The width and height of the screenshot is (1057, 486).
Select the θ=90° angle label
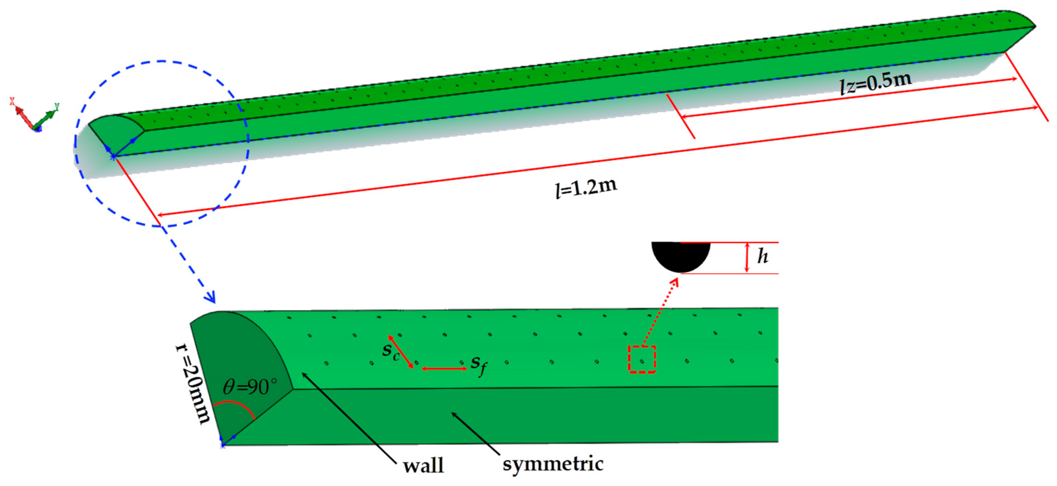250,386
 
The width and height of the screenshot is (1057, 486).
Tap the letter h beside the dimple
762,257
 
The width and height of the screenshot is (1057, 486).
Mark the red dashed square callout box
642,359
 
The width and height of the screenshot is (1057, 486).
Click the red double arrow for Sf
444,369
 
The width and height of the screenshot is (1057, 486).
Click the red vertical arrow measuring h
747,257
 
